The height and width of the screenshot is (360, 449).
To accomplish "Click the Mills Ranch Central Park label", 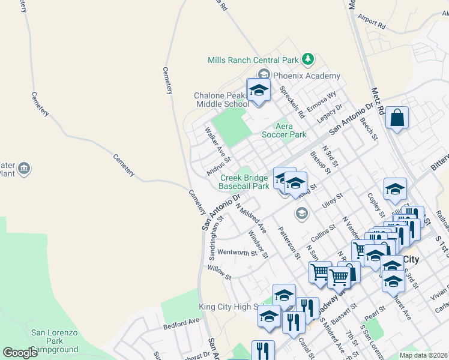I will tap(253, 60).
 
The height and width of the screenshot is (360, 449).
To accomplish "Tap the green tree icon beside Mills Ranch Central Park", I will tap(308, 59).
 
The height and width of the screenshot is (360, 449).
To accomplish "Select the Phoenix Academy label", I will tap(306, 76).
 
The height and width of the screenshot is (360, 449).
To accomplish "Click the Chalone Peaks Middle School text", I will tap(221, 100).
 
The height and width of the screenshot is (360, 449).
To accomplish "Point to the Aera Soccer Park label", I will tap(291, 130).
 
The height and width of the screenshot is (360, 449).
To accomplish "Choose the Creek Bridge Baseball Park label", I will tap(244, 182).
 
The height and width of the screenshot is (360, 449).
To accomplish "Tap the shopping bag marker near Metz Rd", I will tap(397, 118).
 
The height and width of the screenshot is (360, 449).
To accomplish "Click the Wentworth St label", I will tap(237, 253).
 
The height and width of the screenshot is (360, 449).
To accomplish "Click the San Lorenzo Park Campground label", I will tap(55, 340).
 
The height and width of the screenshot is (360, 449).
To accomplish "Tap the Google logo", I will tap(20, 353).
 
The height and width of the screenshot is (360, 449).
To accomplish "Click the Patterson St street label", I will tap(289, 242).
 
